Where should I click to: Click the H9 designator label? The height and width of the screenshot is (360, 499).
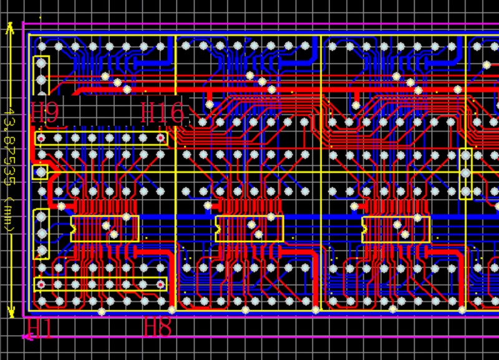(x=45, y=113)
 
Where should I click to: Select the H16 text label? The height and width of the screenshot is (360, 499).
(x=163, y=113)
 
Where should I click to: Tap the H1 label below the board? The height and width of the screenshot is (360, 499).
(x=40, y=328)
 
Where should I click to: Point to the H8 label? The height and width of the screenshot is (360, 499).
(x=158, y=327)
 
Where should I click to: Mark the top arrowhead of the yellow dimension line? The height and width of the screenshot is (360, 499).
(x=10, y=29)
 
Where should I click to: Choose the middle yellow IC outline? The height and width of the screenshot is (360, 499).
(x=249, y=228)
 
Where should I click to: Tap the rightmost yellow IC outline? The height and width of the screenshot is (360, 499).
(x=396, y=228)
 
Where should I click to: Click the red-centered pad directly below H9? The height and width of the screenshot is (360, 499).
(x=41, y=138)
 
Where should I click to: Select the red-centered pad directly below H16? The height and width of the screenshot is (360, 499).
(x=160, y=138)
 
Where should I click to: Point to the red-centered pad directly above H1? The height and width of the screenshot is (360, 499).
(x=41, y=285)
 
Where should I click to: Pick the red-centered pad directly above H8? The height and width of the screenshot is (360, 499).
(x=161, y=285)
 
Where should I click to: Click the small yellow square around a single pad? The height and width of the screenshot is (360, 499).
(x=41, y=172)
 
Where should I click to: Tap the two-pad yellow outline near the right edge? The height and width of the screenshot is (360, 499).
(x=465, y=173)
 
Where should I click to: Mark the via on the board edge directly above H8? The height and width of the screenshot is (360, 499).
(x=172, y=309)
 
